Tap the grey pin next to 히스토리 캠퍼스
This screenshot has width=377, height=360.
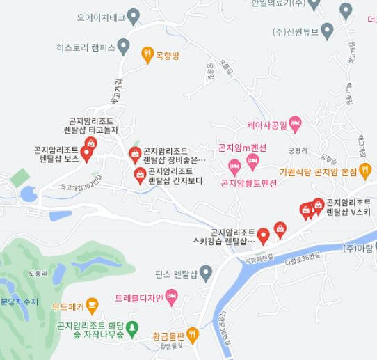pyautogui.click(x=123, y=47)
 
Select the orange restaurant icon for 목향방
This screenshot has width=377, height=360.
pyautogui.click(x=147, y=54)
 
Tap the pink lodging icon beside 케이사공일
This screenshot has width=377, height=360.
pyautogui.click(x=296, y=125)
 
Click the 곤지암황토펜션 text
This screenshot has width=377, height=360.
pyautogui.click(x=248, y=184)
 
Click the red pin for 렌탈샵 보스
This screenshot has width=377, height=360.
pyautogui.click(x=87, y=153)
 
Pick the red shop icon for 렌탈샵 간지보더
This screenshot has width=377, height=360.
pyautogui.click(x=139, y=173)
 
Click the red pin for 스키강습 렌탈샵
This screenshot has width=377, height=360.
pyautogui.click(x=264, y=235)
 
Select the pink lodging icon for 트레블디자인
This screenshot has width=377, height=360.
pyautogui.click(x=172, y=298)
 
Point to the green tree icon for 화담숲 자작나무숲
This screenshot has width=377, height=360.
pyautogui.click(x=134, y=327)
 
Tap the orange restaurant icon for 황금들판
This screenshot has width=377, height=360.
pyautogui.click(x=193, y=335)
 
